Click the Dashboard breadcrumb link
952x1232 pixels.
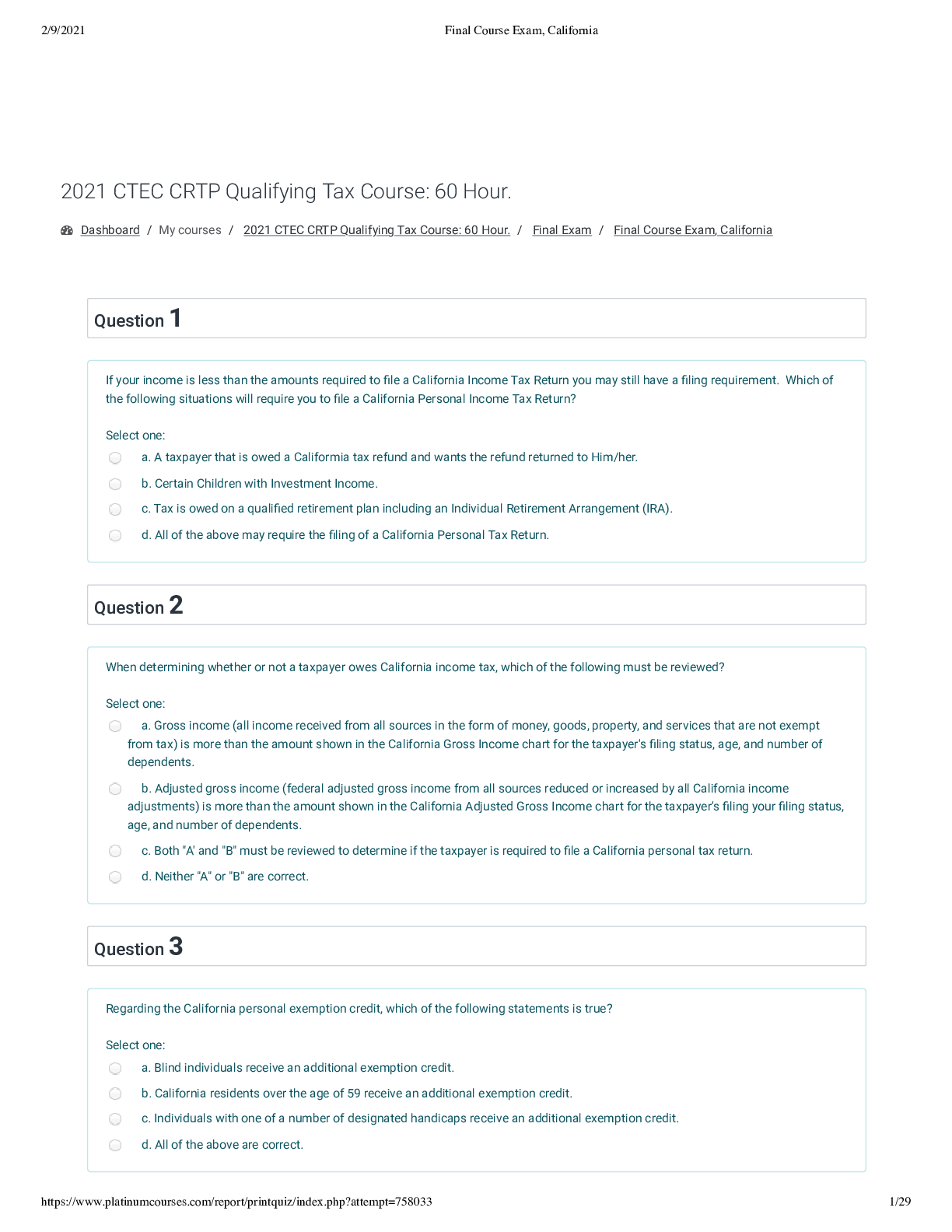(110, 230)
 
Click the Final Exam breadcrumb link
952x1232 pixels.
(562, 230)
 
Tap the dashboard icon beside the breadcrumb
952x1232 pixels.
(67, 230)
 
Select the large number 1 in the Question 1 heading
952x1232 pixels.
(176, 318)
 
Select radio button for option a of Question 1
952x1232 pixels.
(115, 458)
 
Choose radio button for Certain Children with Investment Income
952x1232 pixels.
(115, 484)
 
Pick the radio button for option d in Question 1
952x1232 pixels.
(115, 535)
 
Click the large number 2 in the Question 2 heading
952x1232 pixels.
(176, 605)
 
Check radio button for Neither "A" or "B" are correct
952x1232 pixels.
(115, 877)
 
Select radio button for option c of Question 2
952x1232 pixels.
(115, 851)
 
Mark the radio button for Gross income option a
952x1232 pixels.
(115, 726)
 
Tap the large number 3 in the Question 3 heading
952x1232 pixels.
(176, 947)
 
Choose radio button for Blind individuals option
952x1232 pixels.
(115, 1068)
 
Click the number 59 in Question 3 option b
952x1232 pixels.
(354, 1094)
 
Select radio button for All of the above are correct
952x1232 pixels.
(115, 1145)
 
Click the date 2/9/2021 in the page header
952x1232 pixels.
(63, 30)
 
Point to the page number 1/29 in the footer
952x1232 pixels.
(899, 1202)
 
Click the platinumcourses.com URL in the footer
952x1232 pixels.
(236, 1202)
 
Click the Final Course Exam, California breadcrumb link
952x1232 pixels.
(692, 230)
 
